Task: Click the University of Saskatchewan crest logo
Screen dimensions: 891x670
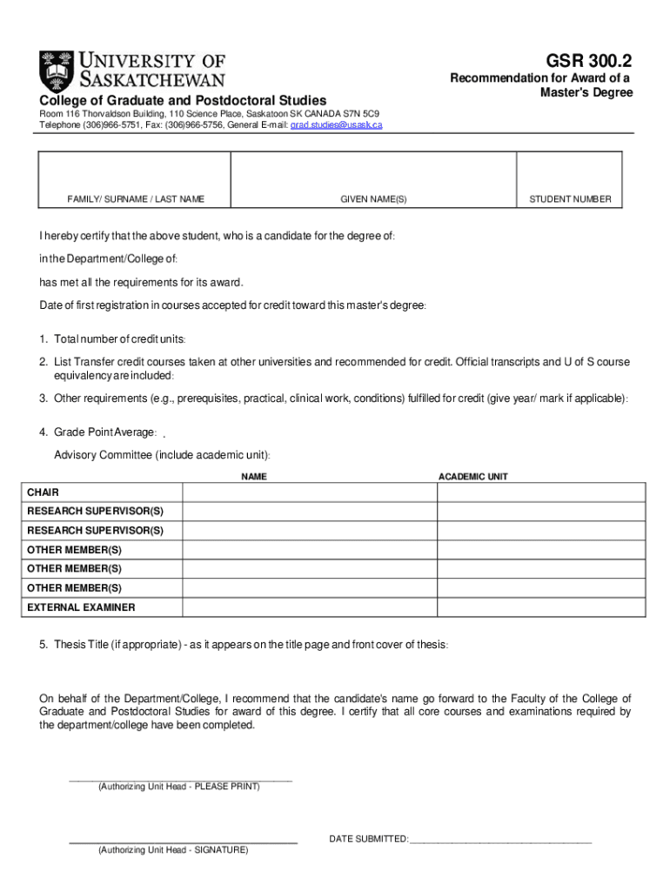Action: click(x=57, y=70)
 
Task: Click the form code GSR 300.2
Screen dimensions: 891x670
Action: click(x=589, y=61)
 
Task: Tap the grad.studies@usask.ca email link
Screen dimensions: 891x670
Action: click(x=336, y=124)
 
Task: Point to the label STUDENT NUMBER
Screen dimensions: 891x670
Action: click(x=570, y=199)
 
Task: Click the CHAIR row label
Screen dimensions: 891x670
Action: click(x=44, y=492)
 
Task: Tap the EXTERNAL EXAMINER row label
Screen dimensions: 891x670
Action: click(x=81, y=607)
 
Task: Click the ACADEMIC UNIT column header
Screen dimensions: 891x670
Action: click(x=472, y=477)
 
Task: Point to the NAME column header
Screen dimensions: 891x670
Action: click(x=254, y=477)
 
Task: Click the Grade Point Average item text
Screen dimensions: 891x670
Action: click(x=104, y=432)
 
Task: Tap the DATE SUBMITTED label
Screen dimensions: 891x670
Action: click(x=368, y=839)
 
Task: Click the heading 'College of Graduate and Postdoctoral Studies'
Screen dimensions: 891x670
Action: click(x=183, y=101)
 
